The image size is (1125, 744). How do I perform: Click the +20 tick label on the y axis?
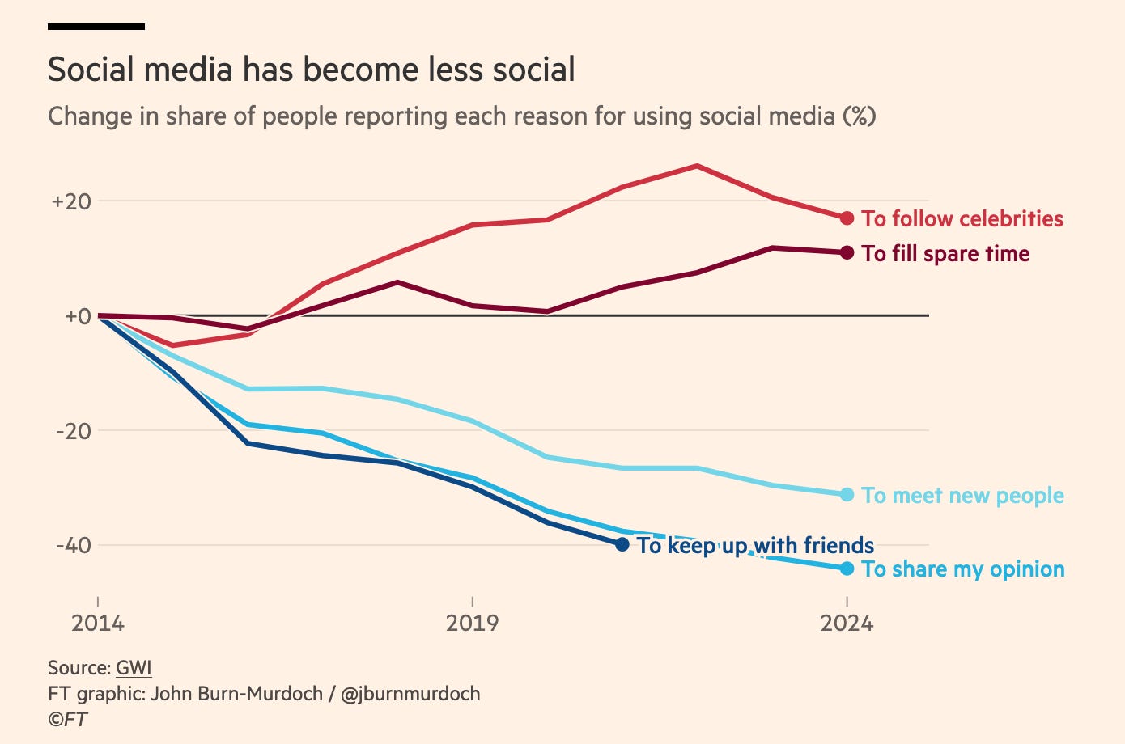pyautogui.click(x=70, y=201)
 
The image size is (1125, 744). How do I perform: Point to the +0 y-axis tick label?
pyautogui.click(x=77, y=316)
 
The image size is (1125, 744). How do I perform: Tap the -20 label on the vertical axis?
pyautogui.click(x=73, y=431)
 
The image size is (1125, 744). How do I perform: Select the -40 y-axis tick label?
pyautogui.click(x=73, y=546)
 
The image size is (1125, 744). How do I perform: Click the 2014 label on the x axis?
pyautogui.click(x=98, y=624)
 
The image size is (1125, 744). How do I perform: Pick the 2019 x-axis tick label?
pyautogui.click(x=473, y=624)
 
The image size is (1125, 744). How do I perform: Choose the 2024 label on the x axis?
pyautogui.click(x=847, y=624)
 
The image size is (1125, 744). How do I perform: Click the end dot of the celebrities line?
pyautogui.click(x=847, y=218)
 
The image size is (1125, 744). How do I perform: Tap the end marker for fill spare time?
pyautogui.click(x=847, y=253)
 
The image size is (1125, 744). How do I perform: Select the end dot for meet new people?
pyautogui.click(x=847, y=494)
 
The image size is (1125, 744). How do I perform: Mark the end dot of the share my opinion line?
pyautogui.click(x=847, y=569)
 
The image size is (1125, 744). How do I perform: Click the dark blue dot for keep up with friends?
pyautogui.click(x=622, y=545)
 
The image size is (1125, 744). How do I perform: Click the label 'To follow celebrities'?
pyautogui.click(x=962, y=219)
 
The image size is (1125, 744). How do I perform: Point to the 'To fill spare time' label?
pyautogui.click(x=945, y=254)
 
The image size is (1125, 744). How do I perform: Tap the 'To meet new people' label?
pyautogui.click(x=962, y=496)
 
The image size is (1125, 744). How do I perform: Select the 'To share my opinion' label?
pyautogui.click(x=962, y=569)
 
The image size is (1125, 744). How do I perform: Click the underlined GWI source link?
pyautogui.click(x=134, y=668)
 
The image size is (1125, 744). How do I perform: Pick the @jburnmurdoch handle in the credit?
pyautogui.click(x=410, y=694)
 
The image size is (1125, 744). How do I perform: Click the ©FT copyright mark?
pyautogui.click(x=68, y=719)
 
